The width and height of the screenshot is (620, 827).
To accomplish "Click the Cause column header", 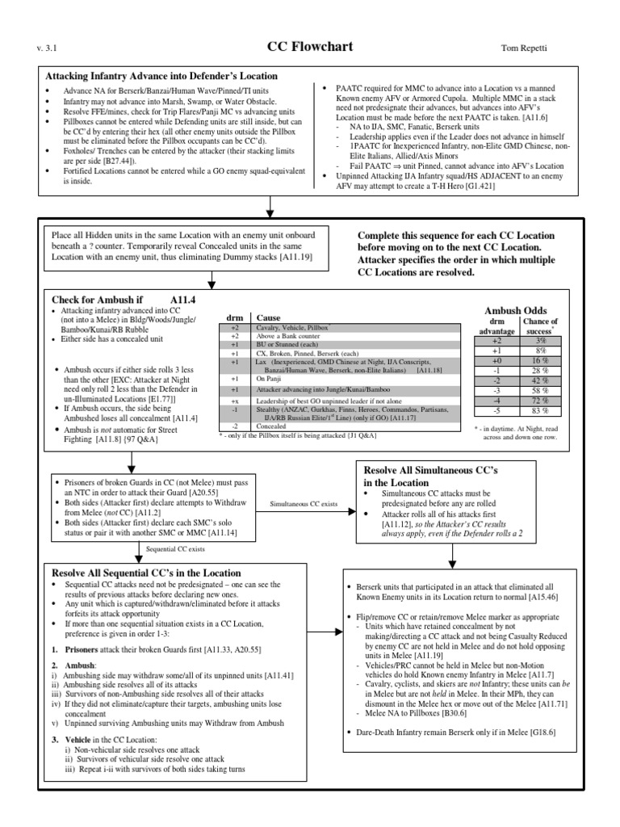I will [x=268, y=318].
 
